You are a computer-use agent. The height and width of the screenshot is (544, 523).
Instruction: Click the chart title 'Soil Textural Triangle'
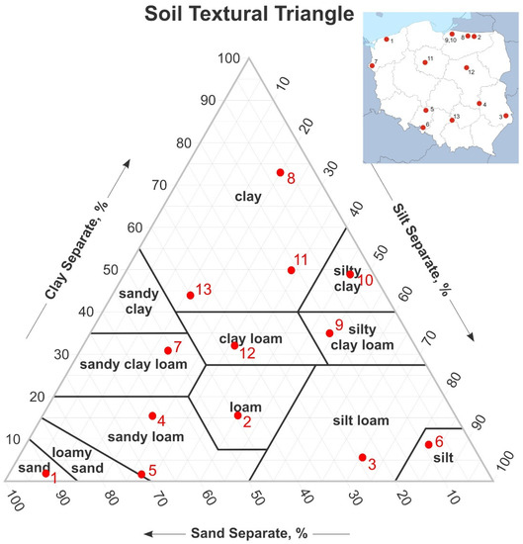[x=247, y=15]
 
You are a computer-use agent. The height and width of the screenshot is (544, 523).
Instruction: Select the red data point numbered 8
[x=280, y=173]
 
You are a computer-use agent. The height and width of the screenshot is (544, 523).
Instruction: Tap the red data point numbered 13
[x=190, y=295]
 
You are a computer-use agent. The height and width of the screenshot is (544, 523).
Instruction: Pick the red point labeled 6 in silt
[x=428, y=445]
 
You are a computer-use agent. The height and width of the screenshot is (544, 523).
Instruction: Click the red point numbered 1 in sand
[x=45, y=474]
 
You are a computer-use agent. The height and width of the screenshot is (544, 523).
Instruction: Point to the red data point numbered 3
[x=361, y=457]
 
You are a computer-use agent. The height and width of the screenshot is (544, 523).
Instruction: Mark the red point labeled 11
[x=291, y=270]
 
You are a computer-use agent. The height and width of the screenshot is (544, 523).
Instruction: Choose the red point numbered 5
[x=141, y=475]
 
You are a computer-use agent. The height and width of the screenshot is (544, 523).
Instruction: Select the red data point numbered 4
[x=152, y=415]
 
